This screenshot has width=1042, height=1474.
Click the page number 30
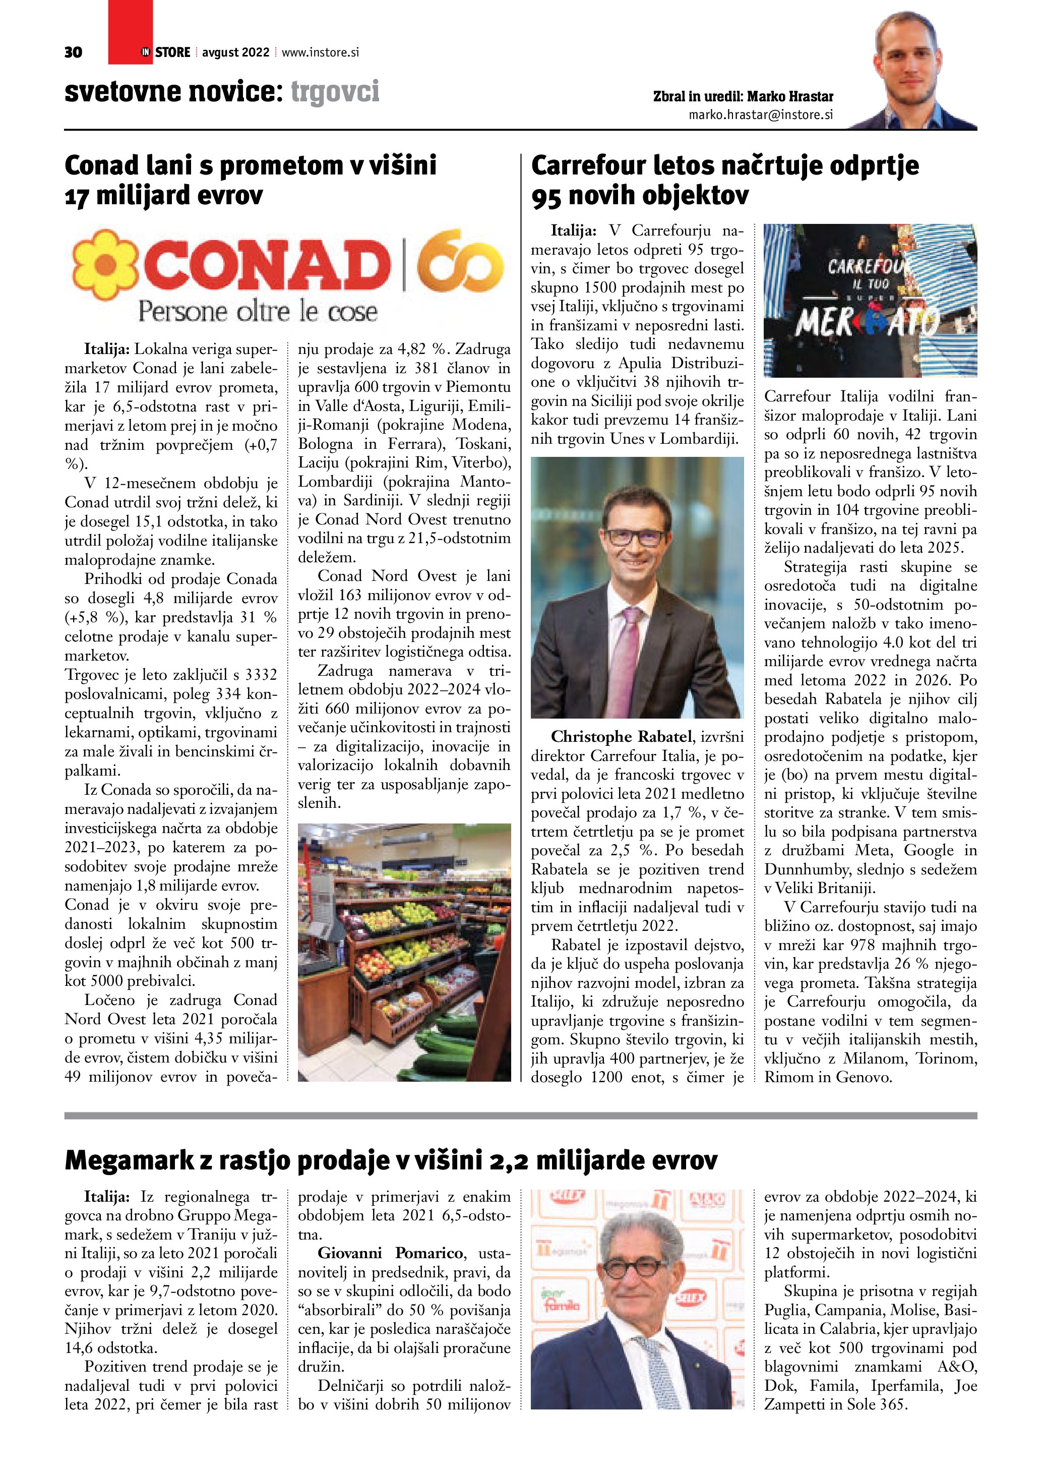tap(73, 52)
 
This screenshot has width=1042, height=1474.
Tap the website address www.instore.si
tap(320, 52)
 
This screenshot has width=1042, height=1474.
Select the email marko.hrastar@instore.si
tap(760, 115)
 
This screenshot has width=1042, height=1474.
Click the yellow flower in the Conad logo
tap(105, 265)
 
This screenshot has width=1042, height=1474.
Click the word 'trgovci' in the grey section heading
tap(335, 92)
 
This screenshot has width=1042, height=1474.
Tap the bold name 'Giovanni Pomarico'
tap(390, 1253)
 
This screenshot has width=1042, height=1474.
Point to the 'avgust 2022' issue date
tap(235, 52)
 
